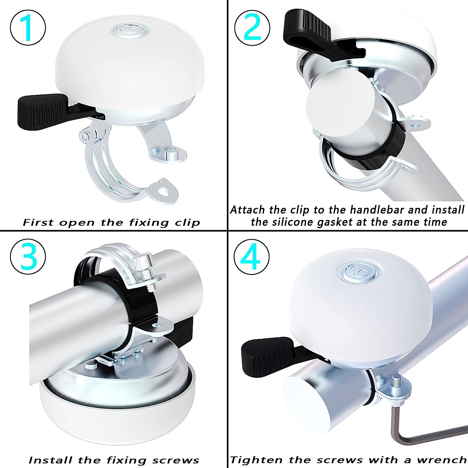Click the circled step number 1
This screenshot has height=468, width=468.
coord(28,27)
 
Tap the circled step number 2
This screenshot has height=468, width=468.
coord(252,27)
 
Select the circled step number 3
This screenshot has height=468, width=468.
coord(28,257)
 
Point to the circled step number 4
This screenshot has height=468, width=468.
coord(252,257)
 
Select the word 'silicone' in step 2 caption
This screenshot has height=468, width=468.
coord(304,222)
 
